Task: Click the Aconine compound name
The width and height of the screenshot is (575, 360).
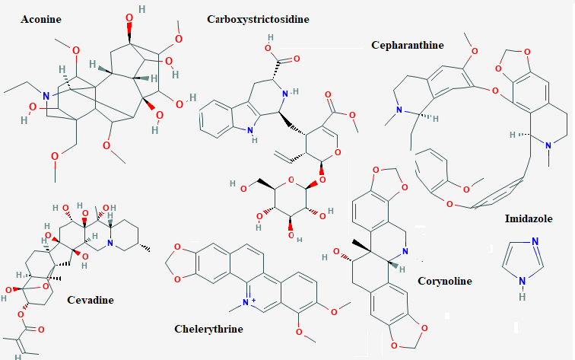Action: [41, 19]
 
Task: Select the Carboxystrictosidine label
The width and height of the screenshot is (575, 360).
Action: [258, 20]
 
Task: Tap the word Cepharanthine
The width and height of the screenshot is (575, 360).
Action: [408, 45]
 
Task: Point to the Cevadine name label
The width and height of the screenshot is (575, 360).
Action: [91, 300]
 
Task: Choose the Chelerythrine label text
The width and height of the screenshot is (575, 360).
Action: [208, 329]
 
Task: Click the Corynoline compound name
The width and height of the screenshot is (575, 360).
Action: [445, 281]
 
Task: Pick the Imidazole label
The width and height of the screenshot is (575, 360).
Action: [529, 218]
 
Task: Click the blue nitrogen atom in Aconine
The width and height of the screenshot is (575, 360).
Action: [46, 96]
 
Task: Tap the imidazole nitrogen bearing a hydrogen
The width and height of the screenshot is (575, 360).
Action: [523, 282]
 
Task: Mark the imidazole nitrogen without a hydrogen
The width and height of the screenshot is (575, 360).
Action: [535, 241]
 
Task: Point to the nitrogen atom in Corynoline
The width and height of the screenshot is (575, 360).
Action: [405, 251]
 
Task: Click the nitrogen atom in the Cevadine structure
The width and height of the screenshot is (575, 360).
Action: [110, 243]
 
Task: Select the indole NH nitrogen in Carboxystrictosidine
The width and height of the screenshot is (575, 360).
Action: [250, 130]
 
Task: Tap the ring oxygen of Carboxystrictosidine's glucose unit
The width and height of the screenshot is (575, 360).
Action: [291, 180]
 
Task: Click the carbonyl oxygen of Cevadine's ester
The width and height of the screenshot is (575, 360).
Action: [41, 330]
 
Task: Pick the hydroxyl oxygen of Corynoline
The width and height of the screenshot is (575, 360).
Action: [337, 252]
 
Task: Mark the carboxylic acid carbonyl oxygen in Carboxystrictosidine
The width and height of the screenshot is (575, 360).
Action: [297, 59]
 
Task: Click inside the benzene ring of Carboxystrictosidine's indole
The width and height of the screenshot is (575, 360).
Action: [217, 119]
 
